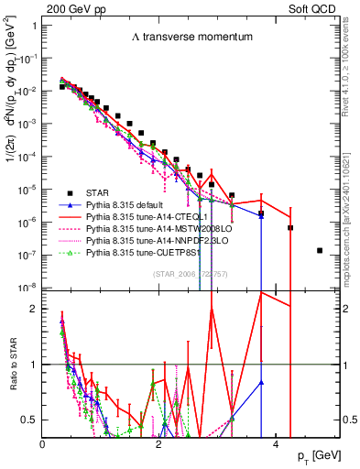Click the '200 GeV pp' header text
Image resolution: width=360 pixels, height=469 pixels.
[70, 7]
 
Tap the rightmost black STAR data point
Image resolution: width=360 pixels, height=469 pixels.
[319, 250]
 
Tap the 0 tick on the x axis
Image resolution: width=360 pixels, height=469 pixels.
[43, 444]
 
